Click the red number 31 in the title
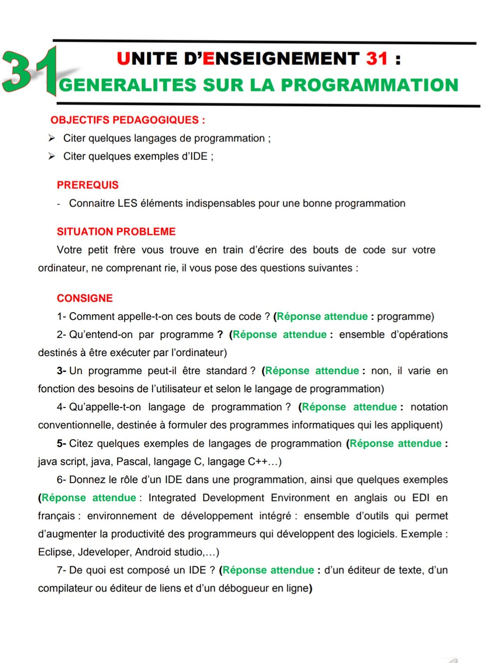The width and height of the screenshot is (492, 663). (377, 58)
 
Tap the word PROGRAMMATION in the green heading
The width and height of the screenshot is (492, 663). (369, 85)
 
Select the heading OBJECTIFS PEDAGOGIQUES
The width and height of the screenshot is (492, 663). (127, 120)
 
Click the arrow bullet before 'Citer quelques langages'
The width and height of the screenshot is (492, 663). (52, 138)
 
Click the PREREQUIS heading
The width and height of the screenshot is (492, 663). (88, 185)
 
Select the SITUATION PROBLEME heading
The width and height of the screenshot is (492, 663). (116, 232)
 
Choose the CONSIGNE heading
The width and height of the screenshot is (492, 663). (85, 298)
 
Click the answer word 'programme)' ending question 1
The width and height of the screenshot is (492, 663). (405, 317)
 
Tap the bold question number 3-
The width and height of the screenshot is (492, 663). (62, 371)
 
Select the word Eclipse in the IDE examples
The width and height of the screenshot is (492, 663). (55, 552)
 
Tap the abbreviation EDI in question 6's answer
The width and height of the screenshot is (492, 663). (420, 498)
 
